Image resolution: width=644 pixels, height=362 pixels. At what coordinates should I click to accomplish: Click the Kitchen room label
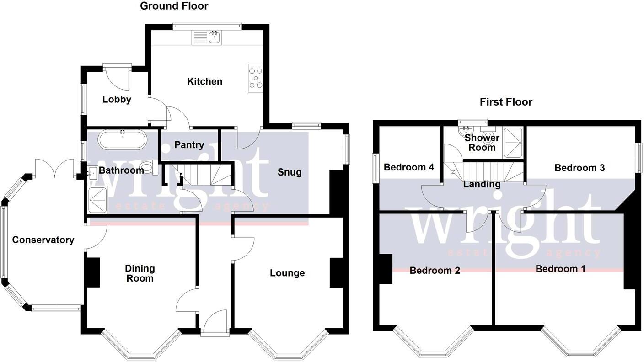click(x=204, y=81)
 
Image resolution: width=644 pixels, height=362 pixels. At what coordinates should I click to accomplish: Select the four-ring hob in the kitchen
click(x=255, y=78)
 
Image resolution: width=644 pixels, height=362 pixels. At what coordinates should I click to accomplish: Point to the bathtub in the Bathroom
click(x=122, y=140)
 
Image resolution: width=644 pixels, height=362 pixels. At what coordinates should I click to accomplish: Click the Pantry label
click(x=189, y=145)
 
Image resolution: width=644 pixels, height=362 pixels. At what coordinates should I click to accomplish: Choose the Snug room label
click(x=290, y=172)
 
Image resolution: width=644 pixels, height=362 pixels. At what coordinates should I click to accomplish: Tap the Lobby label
click(x=117, y=99)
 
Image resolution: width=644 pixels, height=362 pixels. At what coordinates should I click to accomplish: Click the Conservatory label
click(x=43, y=240)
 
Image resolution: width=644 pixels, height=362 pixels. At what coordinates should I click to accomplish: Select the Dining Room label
click(x=140, y=273)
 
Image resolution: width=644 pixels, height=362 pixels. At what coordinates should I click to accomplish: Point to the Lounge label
click(x=287, y=273)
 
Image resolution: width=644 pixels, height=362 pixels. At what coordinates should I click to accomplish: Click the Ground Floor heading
click(x=174, y=6)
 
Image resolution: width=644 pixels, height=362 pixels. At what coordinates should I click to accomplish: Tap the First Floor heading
click(x=506, y=102)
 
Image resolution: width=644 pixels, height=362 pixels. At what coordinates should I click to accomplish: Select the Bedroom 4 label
click(x=408, y=167)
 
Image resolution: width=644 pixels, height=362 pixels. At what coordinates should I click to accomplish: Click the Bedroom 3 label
click(x=579, y=168)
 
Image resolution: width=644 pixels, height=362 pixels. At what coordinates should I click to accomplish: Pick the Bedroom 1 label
click(x=560, y=269)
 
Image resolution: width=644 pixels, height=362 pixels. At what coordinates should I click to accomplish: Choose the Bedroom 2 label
click(x=435, y=271)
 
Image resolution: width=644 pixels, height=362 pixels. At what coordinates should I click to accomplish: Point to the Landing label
click(x=481, y=184)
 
